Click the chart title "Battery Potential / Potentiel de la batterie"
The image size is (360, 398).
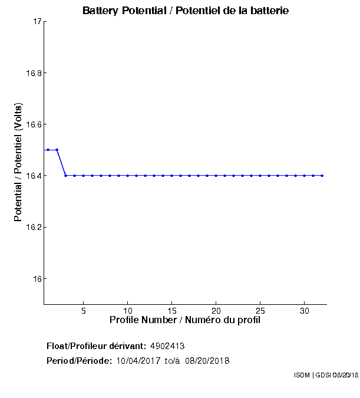pos(186,11)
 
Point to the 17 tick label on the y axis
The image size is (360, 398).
pos(37,22)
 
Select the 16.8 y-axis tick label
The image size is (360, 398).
pos(33,73)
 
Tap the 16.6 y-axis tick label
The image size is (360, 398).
pos(33,124)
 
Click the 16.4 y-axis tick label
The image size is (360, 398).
pos(33,176)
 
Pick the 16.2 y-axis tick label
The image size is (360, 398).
pos(33,227)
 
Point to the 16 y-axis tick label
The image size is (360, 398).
pos(37,278)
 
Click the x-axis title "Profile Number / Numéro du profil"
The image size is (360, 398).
pos(185,320)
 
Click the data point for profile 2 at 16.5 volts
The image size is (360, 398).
pos(57,150)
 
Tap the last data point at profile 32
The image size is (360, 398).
pos(322,175)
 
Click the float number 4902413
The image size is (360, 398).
pos(171,346)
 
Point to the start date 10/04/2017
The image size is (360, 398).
pos(138,361)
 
